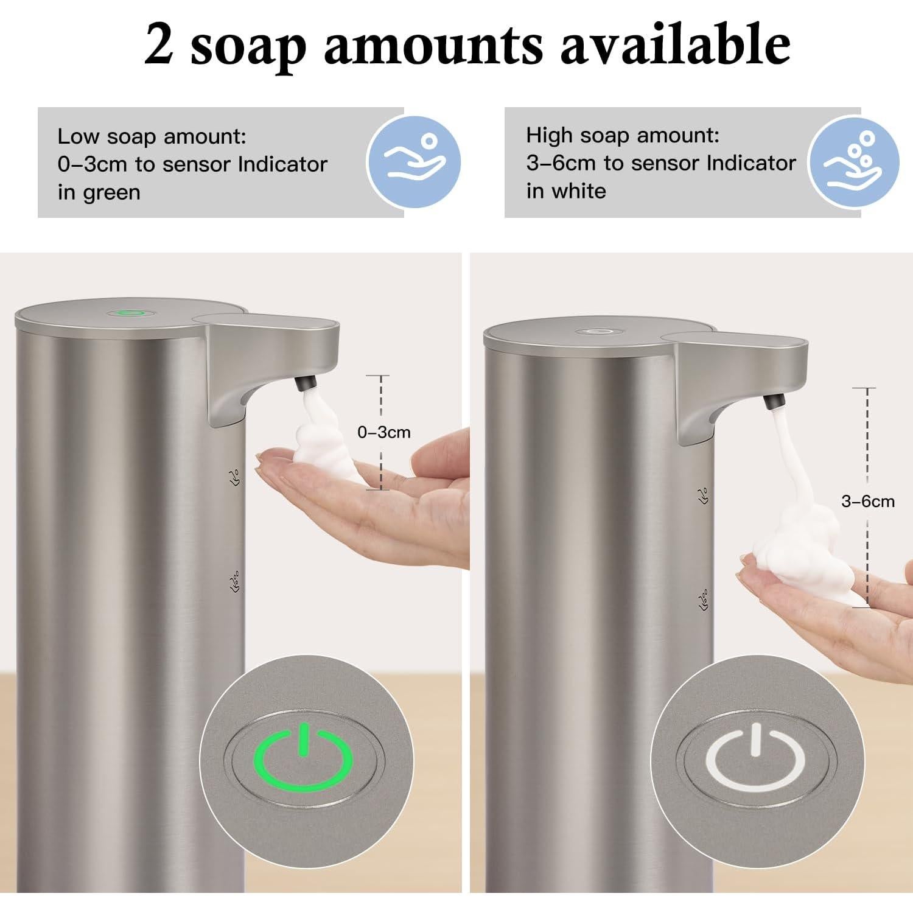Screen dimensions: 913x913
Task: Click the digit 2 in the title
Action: pos(159,46)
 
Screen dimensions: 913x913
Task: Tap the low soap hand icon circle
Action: pos(414,163)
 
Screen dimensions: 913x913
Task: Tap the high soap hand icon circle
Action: pos(854,163)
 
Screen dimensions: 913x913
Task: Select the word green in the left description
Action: pos(111,192)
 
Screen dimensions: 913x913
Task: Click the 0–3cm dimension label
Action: pos(383,432)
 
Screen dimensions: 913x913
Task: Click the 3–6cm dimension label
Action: pos(867,501)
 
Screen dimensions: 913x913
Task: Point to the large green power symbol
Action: pos(303,758)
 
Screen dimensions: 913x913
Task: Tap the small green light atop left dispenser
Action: pos(129,314)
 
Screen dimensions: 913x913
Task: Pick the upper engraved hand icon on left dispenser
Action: pos(234,477)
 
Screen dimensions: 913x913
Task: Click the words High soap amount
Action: pos(622,135)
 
